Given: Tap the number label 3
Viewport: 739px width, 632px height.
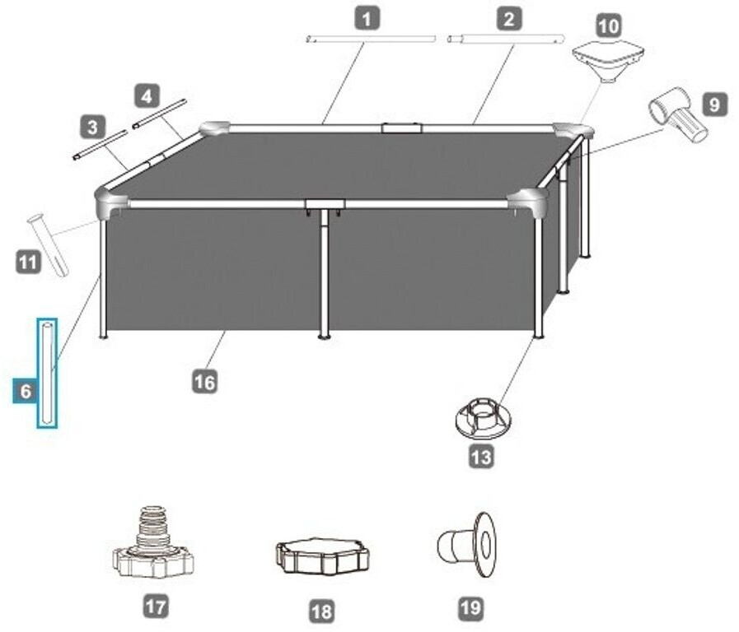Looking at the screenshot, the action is click(92, 127).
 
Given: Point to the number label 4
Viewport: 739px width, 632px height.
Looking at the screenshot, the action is click(147, 96).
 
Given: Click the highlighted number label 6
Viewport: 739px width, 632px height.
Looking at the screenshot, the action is click(25, 392).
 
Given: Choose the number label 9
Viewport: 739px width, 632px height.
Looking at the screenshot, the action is click(713, 105).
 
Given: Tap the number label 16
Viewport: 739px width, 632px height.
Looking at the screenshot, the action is click(205, 381).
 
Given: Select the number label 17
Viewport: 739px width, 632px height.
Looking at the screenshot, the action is click(155, 607).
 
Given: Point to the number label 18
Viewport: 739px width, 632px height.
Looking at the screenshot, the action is click(321, 611).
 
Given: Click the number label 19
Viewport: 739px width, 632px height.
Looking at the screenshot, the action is click(470, 608).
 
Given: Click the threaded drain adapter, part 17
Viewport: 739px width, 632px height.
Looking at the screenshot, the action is click(152, 544).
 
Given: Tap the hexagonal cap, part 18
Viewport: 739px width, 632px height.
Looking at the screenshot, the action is click(322, 557).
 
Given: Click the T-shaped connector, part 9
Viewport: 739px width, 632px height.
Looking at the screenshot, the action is click(677, 115).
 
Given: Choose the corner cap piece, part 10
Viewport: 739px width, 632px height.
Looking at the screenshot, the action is click(608, 60).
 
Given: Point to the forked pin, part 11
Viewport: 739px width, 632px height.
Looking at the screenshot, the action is click(48, 244).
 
